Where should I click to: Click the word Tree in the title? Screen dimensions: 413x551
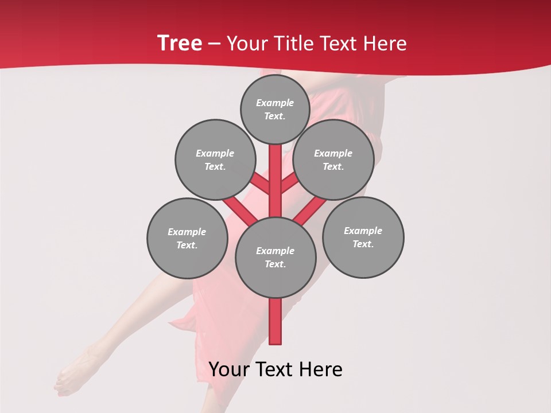click(x=180, y=44)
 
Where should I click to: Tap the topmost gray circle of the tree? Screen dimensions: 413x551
click(x=275, y=109)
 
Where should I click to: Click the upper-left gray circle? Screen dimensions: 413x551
click(x=215, y=159)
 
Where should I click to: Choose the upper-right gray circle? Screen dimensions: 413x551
click(x=333, y=159)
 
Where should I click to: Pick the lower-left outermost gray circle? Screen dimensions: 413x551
click(x=187, y=238)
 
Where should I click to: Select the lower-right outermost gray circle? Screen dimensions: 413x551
click(x=363, y=237)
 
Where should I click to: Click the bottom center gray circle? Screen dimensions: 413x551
click(x=275, y=257)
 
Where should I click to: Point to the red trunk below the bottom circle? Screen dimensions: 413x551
click(x=275, y=321)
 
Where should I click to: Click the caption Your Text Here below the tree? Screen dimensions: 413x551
click(x=275, y=369)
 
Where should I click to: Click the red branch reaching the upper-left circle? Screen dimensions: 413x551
click(x=259, y=184)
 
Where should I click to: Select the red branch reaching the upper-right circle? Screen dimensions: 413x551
click(x=290, y=184)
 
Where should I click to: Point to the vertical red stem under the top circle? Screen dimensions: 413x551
click(x=275, y=172)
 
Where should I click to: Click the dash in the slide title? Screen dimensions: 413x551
click(x=215, y=44)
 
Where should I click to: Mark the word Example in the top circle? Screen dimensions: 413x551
click(x=274, y=103)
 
